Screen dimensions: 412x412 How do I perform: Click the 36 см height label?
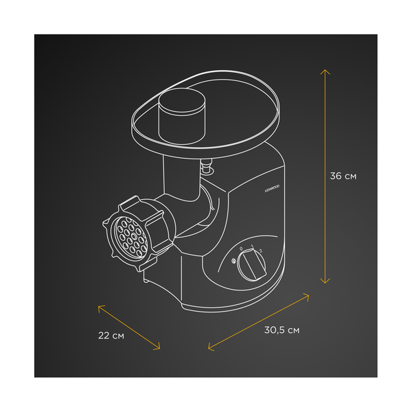pos(343,176)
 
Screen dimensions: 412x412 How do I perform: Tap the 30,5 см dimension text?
pos(282,330)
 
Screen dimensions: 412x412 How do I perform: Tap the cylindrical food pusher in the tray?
pos(182,114)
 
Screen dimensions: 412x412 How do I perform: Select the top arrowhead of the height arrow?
pos(325,70)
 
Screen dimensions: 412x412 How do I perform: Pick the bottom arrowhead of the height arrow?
pos(325,281)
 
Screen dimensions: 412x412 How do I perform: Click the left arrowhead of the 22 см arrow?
pos(100,306)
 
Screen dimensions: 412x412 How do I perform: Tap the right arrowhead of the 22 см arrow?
pos(159,347)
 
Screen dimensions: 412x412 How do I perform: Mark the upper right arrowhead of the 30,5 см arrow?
pos(308,296)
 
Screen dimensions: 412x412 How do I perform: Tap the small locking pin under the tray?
pos(205,165)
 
